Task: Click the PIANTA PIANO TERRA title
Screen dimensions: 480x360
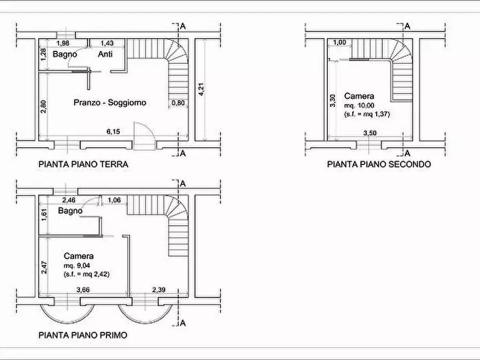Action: click(x=83, y=164)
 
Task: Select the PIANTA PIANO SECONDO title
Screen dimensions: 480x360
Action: click(x=379, y=164)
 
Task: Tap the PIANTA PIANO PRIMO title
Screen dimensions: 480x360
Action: click(x=83, y=335)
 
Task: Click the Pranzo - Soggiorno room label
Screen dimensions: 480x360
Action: click(x=110, y=102)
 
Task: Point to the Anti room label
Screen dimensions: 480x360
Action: click(x=105, y=54)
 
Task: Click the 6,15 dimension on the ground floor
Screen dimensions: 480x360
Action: click(x=113, y=132)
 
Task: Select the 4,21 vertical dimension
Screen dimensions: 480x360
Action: click(x=201, y=89)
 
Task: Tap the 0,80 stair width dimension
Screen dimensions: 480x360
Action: click(x=178, y=103)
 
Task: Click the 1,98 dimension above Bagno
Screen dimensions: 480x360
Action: click(x=63, y=43)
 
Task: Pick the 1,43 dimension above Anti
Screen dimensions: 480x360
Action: click(x=107, y=43)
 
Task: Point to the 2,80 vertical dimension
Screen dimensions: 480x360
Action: click(x=44, y=106)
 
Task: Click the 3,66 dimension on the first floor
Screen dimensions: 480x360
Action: click(x=83, y=290)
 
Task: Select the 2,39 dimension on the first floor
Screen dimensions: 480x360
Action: click(x=159, y=290)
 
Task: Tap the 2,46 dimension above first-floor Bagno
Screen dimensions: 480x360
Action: click(x=69, y=200)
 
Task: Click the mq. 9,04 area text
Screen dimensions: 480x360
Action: click(x=77, y=265)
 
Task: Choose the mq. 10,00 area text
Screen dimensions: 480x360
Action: click(x=360, y=106)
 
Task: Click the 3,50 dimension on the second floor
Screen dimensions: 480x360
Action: click(x=370, y=133)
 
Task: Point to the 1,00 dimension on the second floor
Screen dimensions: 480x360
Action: click(x=340, y=42)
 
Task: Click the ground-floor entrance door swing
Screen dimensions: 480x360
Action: click(x=145, y=136)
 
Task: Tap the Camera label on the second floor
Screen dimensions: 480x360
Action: click(x=359, y=96)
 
